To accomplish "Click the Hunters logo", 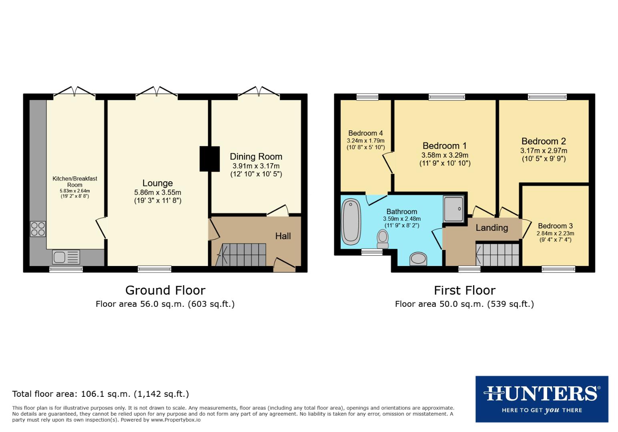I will pos(542,399).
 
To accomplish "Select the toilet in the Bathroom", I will pos(383,239).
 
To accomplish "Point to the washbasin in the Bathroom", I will pos(418,259).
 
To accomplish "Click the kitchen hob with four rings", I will pos(38,229).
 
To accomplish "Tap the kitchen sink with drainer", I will pos(66,257).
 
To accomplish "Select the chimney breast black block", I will pos(210,159).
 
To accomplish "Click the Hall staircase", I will pos(242,255).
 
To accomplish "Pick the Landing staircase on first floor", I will pos(498,254).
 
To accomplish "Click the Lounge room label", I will pos(157,183).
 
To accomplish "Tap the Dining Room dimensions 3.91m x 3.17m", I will pos(256,166).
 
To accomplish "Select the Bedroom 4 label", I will pos(365,133).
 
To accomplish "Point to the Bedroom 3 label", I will pos(555,226).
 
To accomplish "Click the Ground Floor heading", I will pos(165,290).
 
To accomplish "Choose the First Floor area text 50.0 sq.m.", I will pos(464,304).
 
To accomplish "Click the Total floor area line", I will pos(100,394).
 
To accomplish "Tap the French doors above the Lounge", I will pos(157,92).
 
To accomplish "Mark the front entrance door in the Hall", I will pos(285,264).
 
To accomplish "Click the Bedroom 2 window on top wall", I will pos(547,96).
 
